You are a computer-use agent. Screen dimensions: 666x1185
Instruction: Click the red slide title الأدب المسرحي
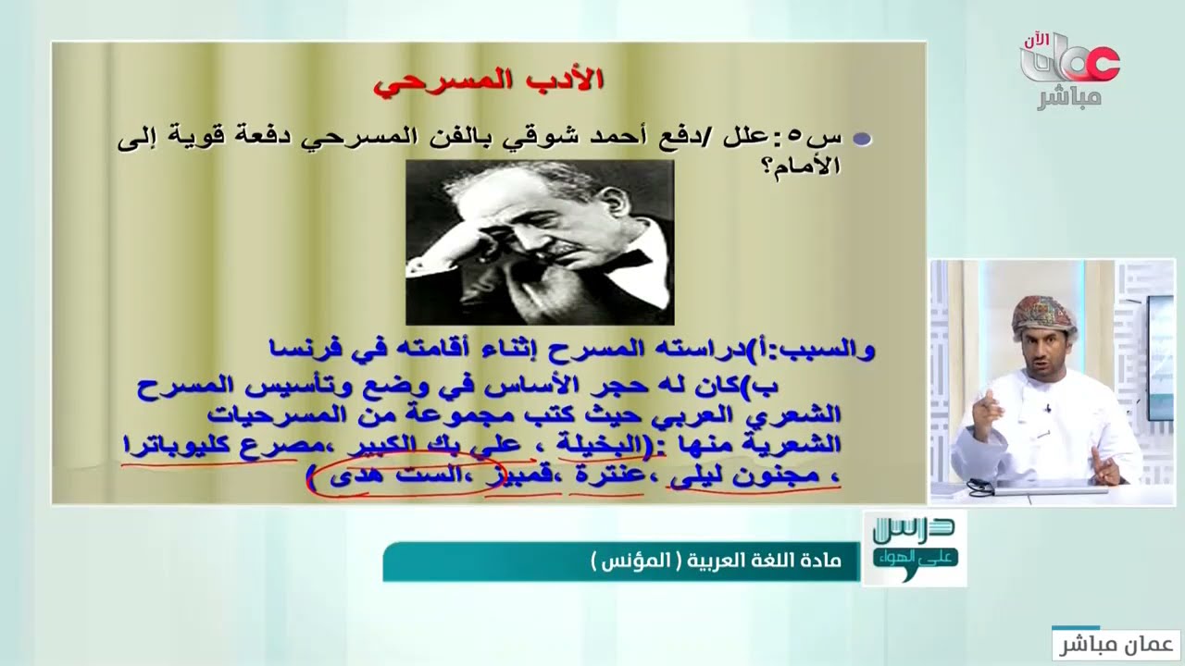click(x=488, y=80)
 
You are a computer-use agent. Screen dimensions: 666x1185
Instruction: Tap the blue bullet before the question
click(x=862, y=140)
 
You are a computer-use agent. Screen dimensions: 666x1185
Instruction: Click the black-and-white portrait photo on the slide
click(x=540, y=241)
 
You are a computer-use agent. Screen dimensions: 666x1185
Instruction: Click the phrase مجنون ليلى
click(x=744, y=477)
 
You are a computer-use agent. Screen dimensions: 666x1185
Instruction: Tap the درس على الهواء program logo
click(x=914, y=546)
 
